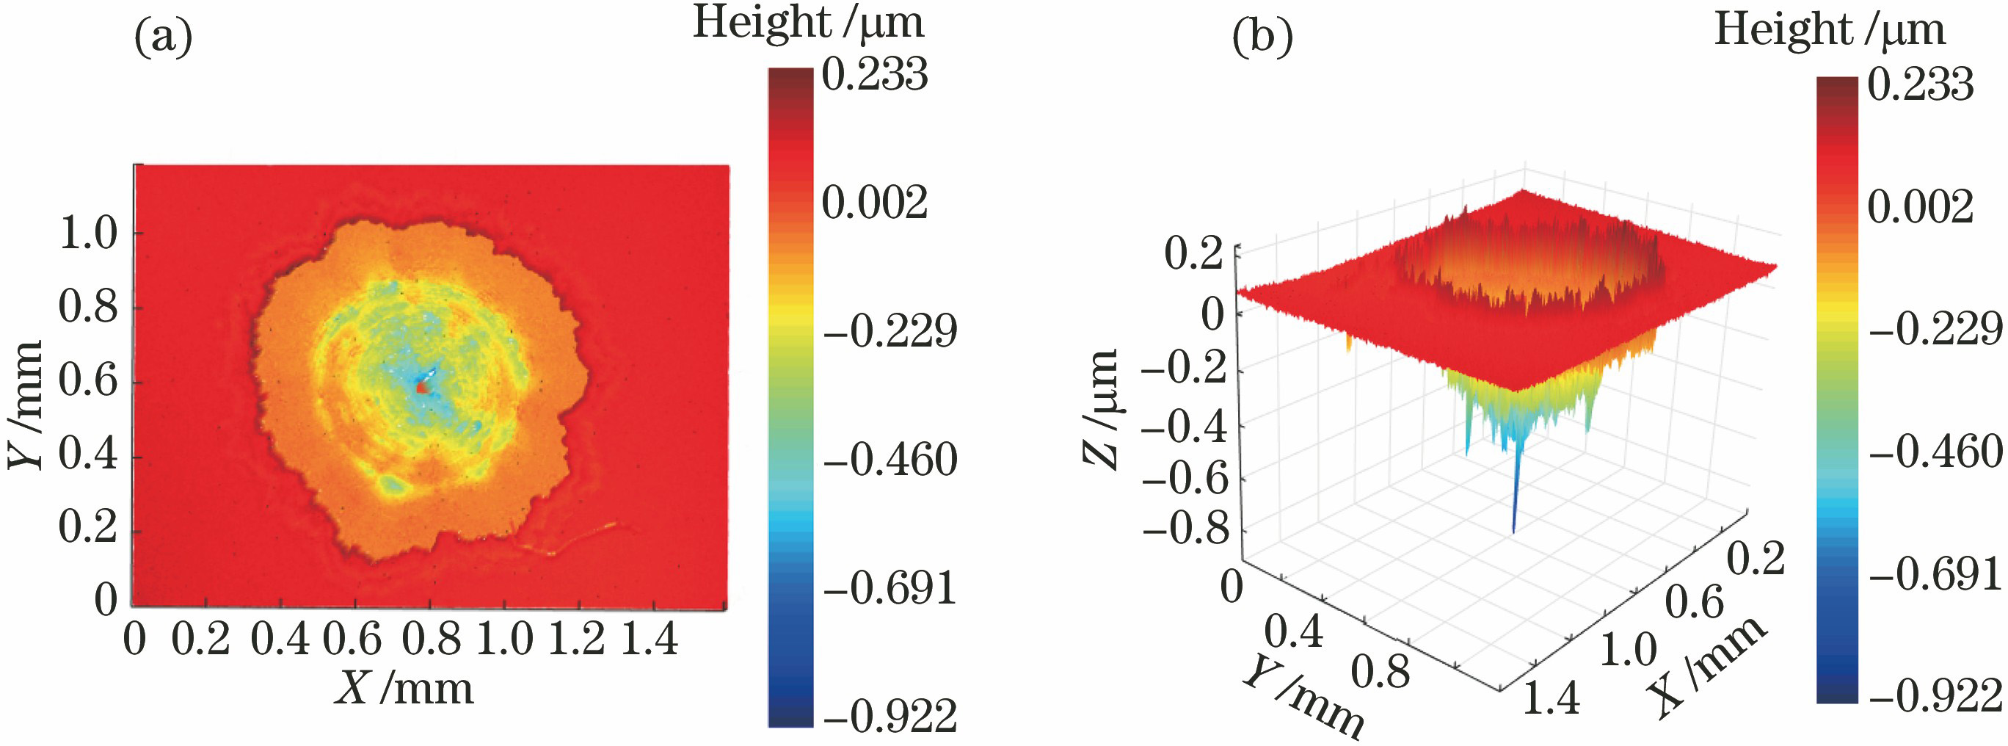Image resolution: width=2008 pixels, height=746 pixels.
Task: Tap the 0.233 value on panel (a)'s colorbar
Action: tap(875, 75)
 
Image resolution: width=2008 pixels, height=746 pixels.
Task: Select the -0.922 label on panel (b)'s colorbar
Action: tap(1935, 695)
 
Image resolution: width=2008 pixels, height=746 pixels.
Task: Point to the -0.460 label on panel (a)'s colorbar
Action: tap(890, 459)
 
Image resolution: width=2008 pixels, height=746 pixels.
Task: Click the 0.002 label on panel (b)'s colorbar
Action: tap(1920, 207)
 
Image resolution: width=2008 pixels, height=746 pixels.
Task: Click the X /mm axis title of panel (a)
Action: tap(404, 689)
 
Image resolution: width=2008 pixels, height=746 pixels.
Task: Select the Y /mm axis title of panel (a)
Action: tap(25, 405)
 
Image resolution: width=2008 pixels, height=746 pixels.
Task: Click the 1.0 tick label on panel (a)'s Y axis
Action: tap(88, 233)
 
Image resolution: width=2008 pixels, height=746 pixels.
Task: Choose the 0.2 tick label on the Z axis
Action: tap(1193, 254)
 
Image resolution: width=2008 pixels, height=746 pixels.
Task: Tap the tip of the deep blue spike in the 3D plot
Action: tap(1513, 532)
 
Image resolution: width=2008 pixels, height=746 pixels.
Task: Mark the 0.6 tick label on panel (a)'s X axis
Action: tap(352, 640)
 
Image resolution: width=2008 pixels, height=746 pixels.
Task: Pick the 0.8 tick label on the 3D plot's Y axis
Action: tap(1380, 672)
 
